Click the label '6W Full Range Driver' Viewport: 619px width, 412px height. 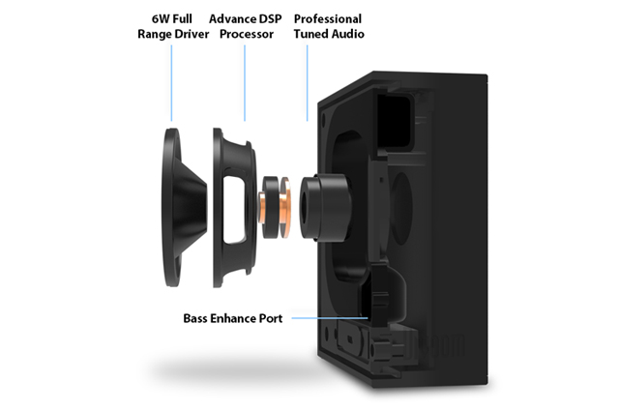[171, 27]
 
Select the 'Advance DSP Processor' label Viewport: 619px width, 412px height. [245, 27]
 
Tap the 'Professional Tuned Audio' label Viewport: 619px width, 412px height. [328, 27]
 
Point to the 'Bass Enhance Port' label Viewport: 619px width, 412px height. [233, 317]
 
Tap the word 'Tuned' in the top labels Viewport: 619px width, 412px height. [314, 35]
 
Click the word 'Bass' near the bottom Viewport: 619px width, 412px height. [197, 317]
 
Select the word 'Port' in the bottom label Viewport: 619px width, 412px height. [270, 317]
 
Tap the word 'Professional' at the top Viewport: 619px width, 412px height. [328, 19]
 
